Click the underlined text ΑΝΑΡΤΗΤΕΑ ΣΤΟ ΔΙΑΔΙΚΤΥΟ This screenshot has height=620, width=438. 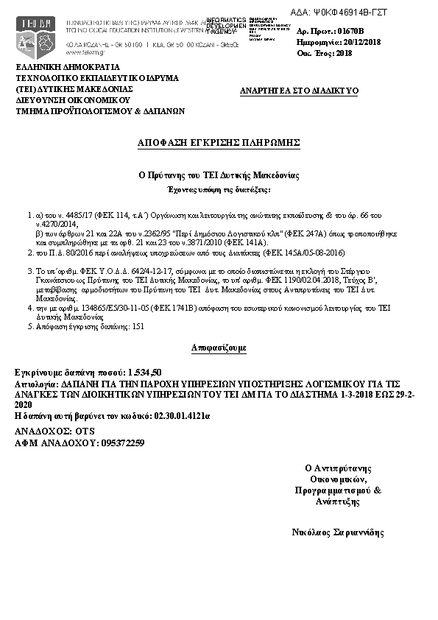(x=300, y=90)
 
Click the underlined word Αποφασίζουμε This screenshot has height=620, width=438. (x=219, y=345)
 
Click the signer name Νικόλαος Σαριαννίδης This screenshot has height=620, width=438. (x=338, y=532)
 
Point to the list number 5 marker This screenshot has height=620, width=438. (x=29, y=324)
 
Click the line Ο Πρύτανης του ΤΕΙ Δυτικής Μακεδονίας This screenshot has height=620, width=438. (x=219, y=176)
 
